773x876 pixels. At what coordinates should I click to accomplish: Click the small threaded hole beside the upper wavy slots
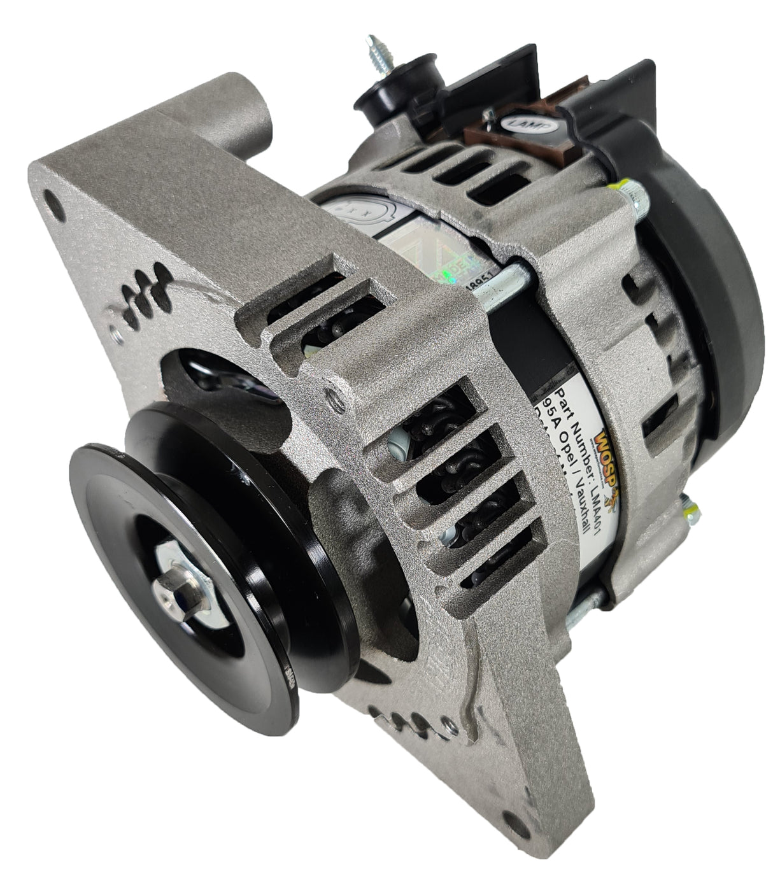point(114,330)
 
